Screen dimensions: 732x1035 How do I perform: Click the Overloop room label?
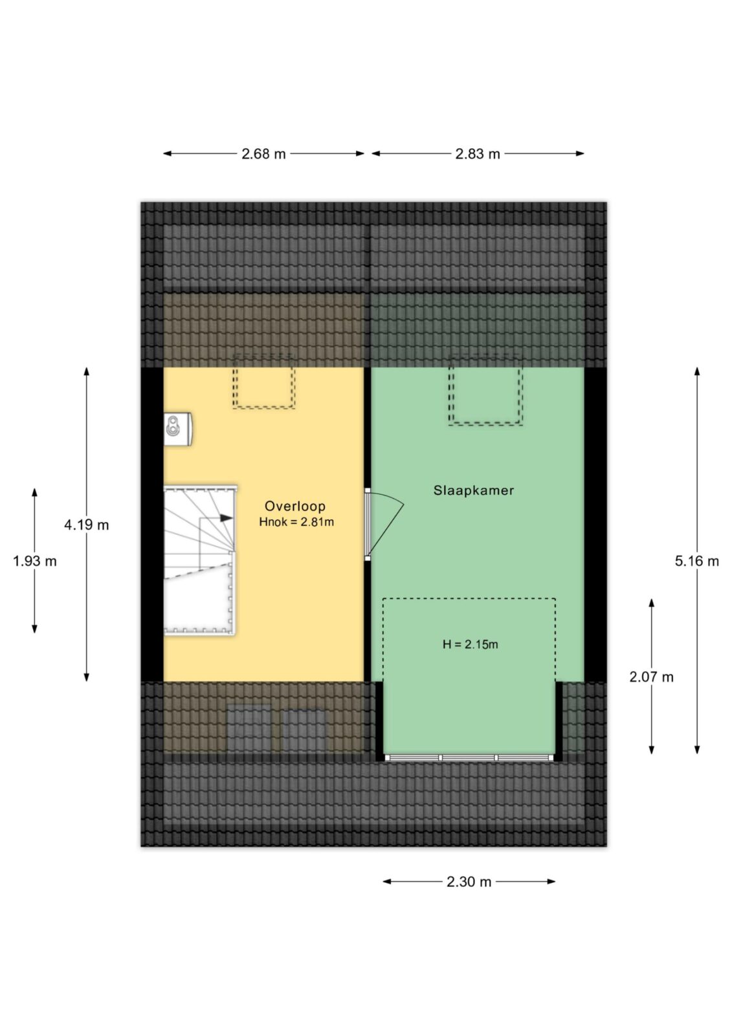point(294,506)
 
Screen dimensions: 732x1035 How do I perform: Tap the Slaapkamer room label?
point(474,490)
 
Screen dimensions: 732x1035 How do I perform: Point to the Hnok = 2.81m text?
point(296,522)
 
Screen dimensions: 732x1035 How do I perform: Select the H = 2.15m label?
point(471,644)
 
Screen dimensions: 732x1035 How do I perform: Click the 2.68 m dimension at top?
point(263,154)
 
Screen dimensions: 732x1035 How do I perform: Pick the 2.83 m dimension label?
point(478,154)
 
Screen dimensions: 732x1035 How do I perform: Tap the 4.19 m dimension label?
point(87,525)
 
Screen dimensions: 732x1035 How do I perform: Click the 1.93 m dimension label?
point(35,561)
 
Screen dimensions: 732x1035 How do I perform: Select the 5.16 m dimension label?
point(697,561)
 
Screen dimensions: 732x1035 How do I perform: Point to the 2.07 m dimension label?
point(651,677)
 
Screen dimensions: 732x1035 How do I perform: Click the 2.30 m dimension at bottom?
point(469,882)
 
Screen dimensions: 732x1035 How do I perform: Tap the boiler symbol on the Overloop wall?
point(178,429)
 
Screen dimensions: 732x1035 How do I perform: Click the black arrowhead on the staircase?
point(227,518)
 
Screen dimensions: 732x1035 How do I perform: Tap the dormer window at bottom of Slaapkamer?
point(469,757)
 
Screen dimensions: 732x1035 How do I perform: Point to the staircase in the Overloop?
point(201,560)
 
